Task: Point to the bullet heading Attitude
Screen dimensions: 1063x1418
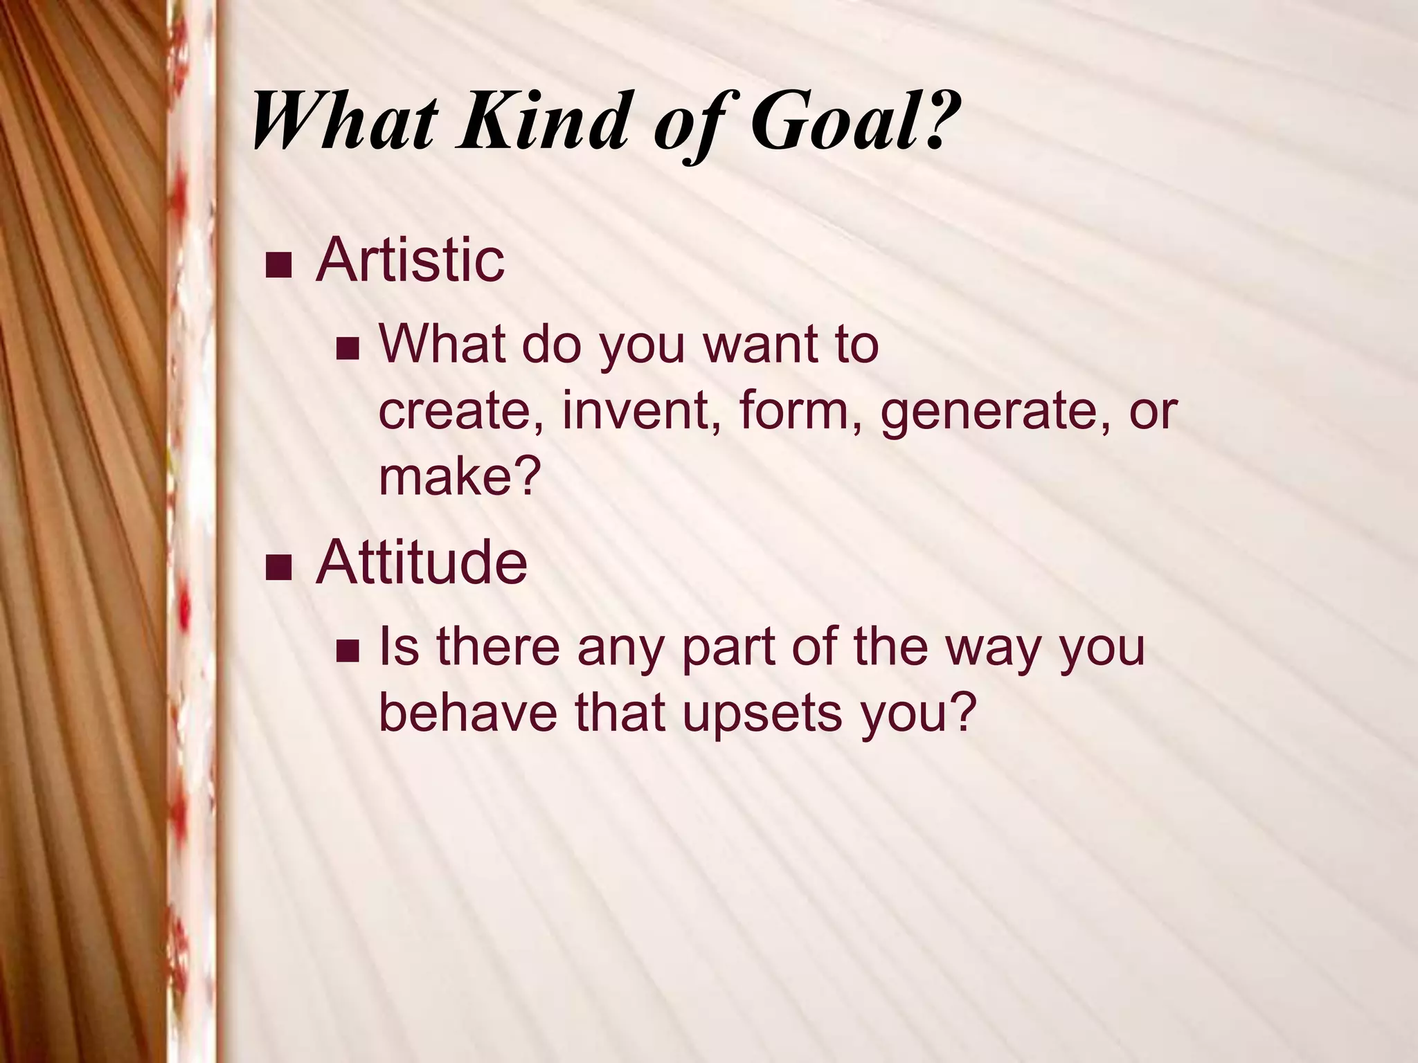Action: (421, 562)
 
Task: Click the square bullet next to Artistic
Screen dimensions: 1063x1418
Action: (278, 266)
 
